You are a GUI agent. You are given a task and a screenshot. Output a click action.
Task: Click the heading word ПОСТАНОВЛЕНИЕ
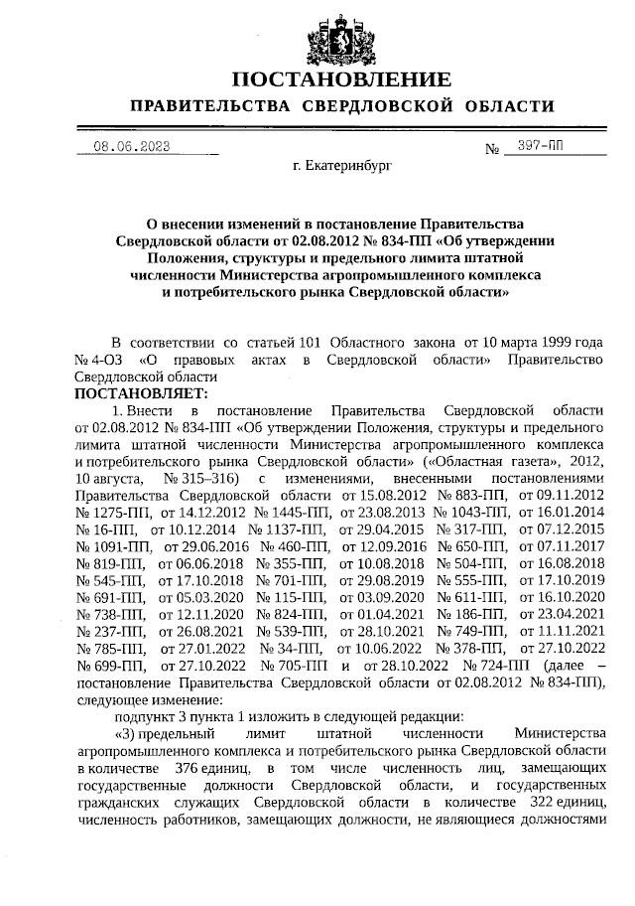[340, 79]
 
